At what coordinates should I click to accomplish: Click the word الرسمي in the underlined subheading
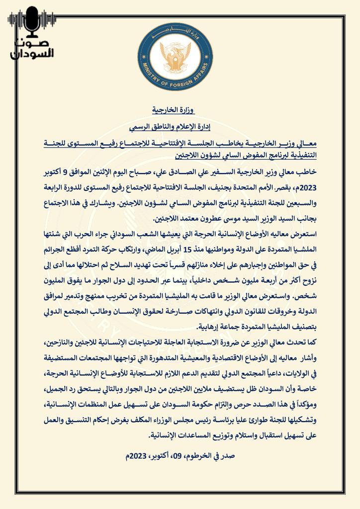[x=142, y=128]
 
